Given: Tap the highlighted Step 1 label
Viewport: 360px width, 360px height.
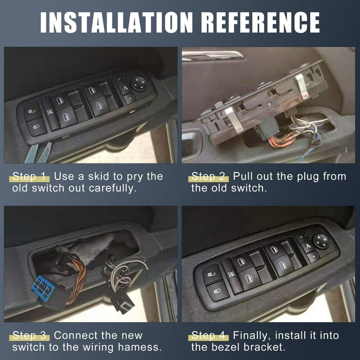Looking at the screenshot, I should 30,177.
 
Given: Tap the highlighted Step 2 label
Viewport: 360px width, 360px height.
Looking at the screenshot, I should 209,177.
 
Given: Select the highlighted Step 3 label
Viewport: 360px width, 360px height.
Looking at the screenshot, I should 30,335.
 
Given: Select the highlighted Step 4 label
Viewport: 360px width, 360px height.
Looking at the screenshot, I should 209,335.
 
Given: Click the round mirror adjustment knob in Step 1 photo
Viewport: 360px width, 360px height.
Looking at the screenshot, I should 139,83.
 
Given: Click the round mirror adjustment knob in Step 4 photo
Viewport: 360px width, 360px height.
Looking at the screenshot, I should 321,241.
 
